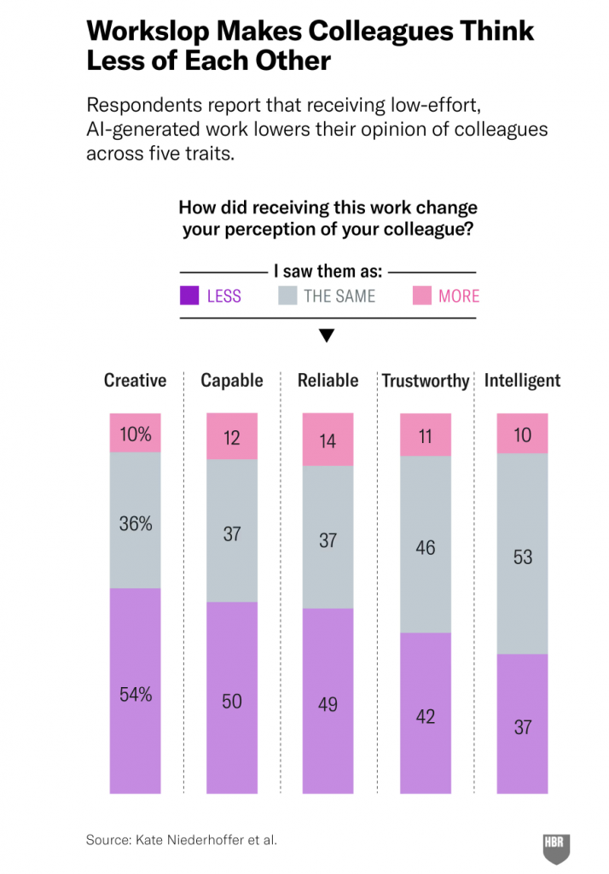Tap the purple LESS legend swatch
pyautogui.click(x=189, y=296)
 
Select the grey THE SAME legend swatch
pyautogui.click(x=288, y=296)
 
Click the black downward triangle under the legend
pyautogui.click(x=326, y=335)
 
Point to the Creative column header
pyautogui.click(x=135, y=381)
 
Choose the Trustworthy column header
pyautogui.click(x=426, y=382)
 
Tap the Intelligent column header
pyautogui.click(x=522, y=381)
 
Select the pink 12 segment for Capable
pyautogui.click(x=232, y=437)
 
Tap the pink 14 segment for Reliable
pyautogui.click(x=328, y=440)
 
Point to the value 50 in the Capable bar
pyautogui.click(x=232, y=702)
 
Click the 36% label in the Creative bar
pyautogui.click(x=135, y=524)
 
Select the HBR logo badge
pyautogui.click(x=556, y=847)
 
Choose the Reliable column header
pyautogui.click(x=328, y=381)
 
